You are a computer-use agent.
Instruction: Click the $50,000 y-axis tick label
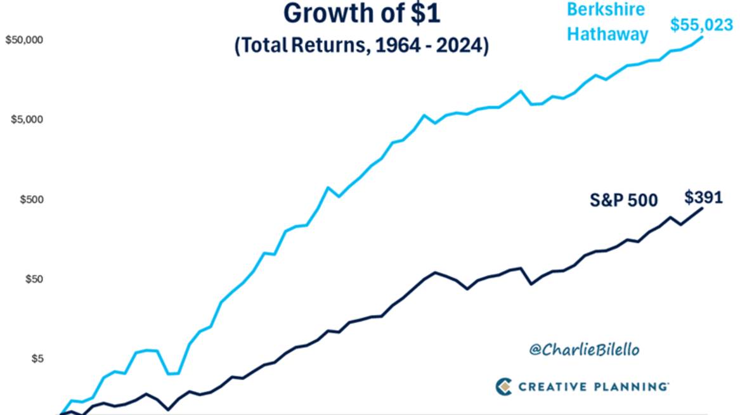coord(23,40)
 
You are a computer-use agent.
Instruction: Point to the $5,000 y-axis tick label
coord(25,120)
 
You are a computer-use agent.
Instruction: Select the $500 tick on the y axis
coord(28,200)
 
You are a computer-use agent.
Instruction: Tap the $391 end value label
coord(703,197)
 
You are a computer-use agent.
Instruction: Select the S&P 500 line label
coord(624,201)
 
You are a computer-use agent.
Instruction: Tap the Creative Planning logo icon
coord(503,385)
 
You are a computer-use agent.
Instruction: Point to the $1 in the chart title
coord(409,13)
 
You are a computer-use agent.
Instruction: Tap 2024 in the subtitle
coord(460,47)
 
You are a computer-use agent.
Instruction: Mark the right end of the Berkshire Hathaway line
coord(703,37)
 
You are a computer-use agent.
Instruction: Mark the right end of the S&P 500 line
coord(703,208)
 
